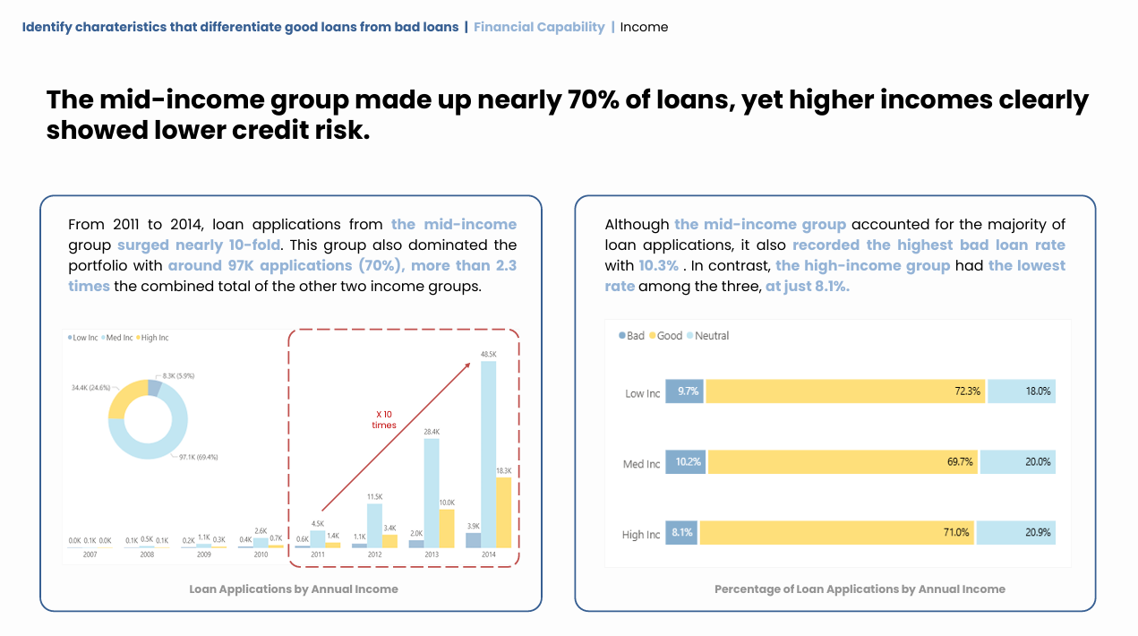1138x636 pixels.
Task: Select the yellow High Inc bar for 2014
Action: [x=503, y=512]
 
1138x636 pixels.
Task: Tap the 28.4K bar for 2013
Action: [x=432, y=493]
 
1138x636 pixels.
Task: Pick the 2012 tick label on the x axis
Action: [x=374, y=555]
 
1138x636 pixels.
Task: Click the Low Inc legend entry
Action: [x=83, y=338]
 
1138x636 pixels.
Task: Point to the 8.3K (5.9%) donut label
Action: [x=178, y=376]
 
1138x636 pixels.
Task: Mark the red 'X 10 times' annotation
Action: [x=384, y=419]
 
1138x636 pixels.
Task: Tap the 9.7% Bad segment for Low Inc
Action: [x=686, y=391]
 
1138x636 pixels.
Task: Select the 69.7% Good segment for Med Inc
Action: [x=843, y=462]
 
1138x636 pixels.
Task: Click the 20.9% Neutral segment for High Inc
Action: [x=1015, y=532]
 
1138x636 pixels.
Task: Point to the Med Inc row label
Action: [x=641, y=464]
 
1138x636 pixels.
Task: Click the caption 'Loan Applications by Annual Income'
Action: [x=294, y=589]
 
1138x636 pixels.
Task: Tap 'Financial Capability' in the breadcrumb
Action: [x=539, y=27]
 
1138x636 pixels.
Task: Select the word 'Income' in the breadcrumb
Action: [x=644, y=27]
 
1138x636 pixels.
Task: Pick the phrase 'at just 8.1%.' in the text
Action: [x=808, y=286]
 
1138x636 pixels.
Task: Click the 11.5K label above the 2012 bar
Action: [x=374, y=496]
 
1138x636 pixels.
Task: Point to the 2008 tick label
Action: [x=146, y=555]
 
